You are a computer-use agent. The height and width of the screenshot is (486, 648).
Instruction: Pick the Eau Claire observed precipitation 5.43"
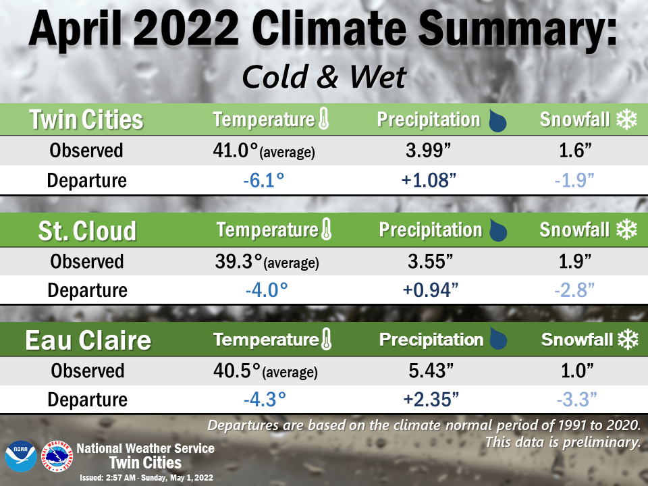(x=430, y=371)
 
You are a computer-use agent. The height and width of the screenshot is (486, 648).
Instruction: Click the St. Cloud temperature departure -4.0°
(x=266, y=290)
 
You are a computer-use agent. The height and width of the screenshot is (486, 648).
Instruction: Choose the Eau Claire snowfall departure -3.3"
(x=576, y=399)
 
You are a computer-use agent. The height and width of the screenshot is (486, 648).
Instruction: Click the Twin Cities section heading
(x=86, y=120)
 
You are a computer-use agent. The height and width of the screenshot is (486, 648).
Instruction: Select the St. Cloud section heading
(x=86, y=230)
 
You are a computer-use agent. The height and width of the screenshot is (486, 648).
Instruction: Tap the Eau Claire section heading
(x=88, y=340)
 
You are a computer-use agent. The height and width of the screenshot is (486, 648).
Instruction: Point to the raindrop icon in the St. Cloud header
(x=497, y=231)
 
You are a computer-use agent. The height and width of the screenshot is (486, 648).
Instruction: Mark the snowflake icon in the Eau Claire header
(x=628, y=340)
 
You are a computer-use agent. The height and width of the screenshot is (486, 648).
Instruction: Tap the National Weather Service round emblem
(x=57, y=457)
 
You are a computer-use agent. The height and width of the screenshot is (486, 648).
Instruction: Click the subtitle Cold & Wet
(x=324, y=78)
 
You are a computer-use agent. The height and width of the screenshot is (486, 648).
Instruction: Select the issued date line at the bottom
(x=146, y=477)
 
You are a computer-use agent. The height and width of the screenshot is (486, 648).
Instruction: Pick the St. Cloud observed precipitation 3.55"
(x=430, y=261)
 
